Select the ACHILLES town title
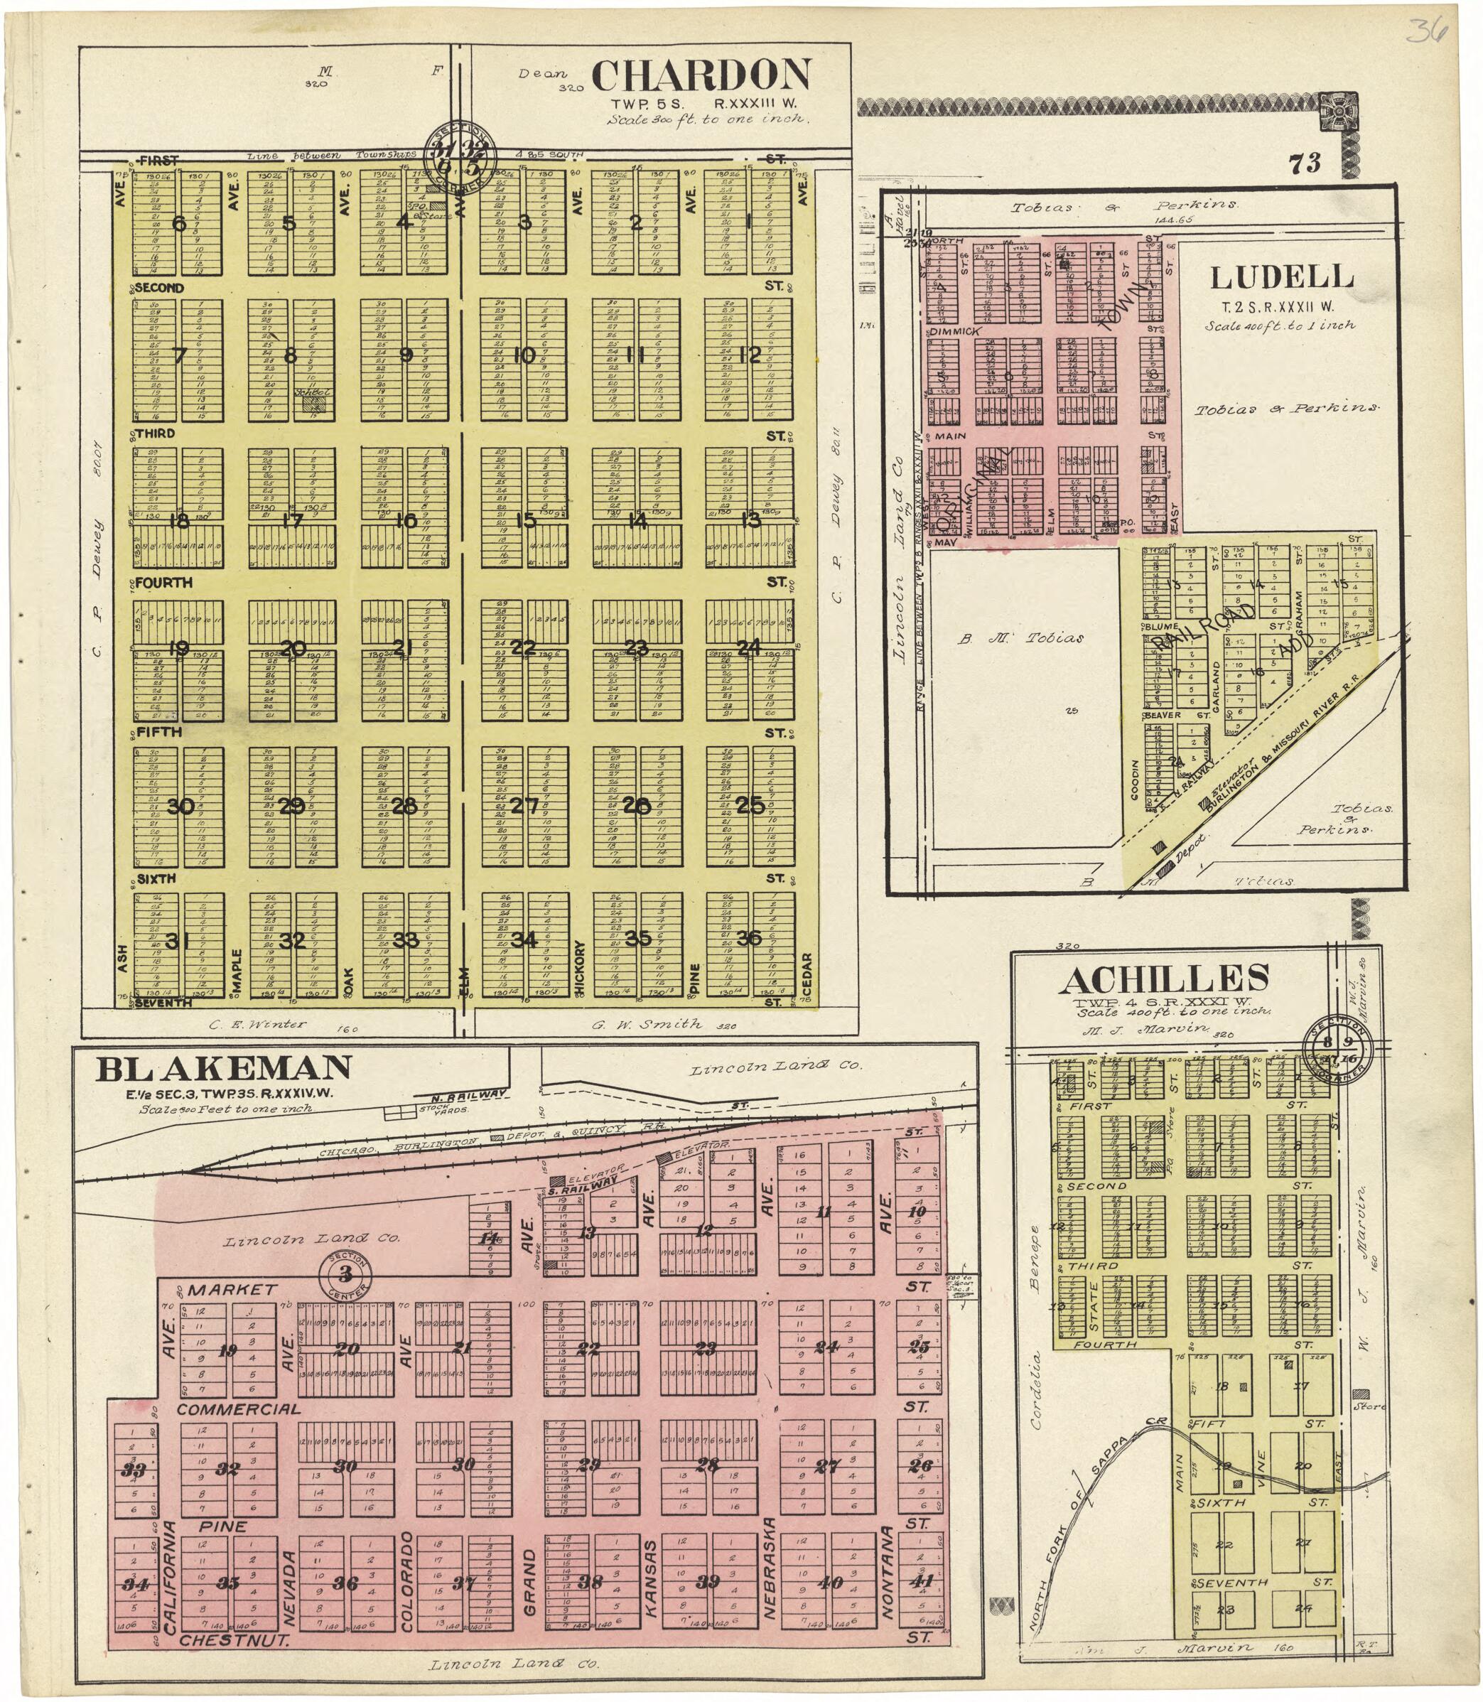click(x=1163, y=980)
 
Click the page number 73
click(x=1304, y=164)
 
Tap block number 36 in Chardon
click(x=749, y=938)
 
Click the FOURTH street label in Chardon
click(x=164, y=583)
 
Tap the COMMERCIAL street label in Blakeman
click(x=238, y=1409)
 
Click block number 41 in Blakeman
click(x=920, y=1581)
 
